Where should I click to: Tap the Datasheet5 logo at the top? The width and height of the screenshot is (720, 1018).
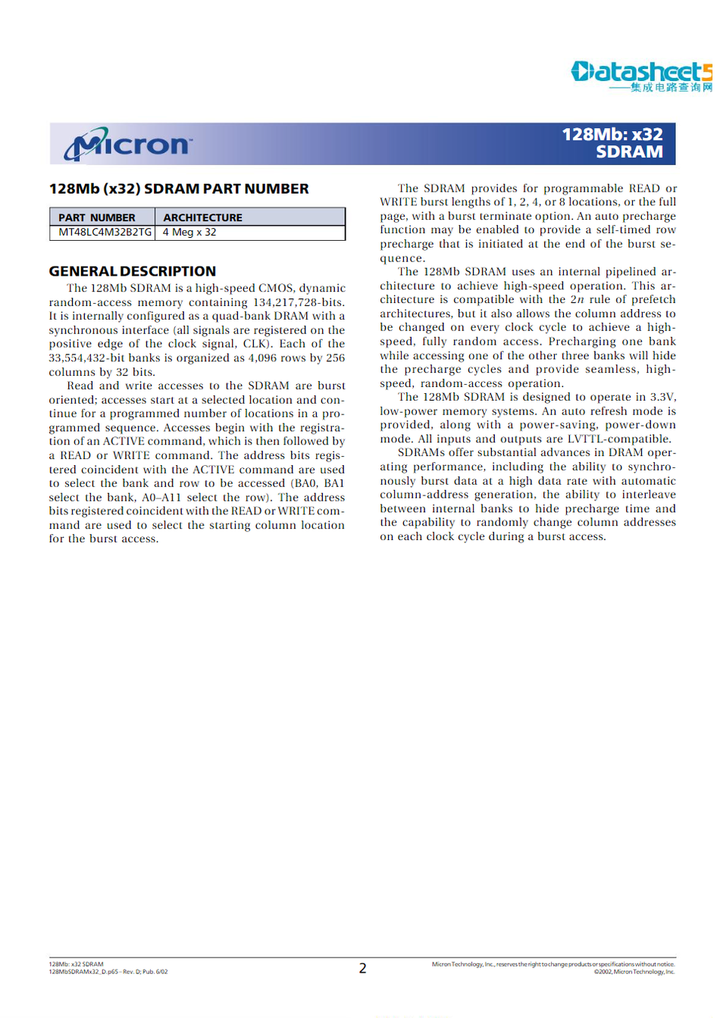(640, 71)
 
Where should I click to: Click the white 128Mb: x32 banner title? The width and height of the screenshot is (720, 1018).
(612, 135)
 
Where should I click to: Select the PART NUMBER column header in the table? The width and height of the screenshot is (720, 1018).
(97, 217)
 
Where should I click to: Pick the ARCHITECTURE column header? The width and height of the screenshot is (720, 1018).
(202, 217)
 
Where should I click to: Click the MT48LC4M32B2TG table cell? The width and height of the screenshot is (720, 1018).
(105, 232)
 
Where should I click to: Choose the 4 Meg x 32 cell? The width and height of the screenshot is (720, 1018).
(189, 232)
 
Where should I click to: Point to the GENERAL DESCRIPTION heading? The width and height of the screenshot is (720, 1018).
(133, 271)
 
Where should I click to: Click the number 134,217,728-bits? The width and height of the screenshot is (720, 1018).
(298, 302)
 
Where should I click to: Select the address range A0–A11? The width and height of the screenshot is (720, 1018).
(161, 498)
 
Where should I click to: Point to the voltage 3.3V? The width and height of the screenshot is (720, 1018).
(662, 397)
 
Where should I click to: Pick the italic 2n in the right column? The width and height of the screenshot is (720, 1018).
(577, 299)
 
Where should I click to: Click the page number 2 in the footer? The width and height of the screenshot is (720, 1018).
(362, 968)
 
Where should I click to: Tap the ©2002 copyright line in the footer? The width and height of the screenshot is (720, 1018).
(634, 972)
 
